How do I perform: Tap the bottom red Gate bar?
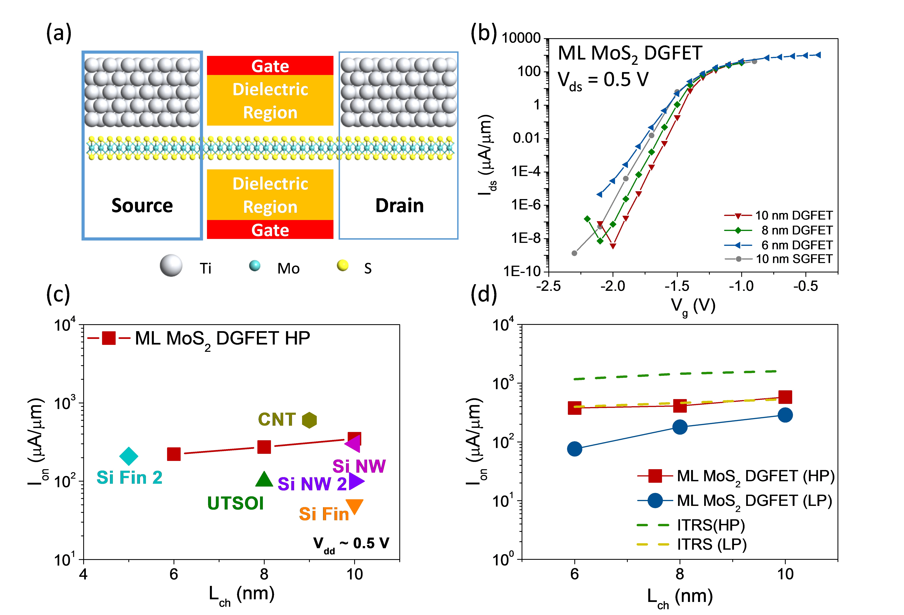270,230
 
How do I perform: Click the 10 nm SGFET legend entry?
778,259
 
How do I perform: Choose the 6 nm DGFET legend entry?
778,245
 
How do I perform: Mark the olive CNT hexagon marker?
309,420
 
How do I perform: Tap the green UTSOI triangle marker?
264,479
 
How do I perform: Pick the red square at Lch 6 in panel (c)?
174,454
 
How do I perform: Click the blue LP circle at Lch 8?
680,427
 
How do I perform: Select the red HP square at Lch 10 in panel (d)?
785,397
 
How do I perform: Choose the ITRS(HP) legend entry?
690,525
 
